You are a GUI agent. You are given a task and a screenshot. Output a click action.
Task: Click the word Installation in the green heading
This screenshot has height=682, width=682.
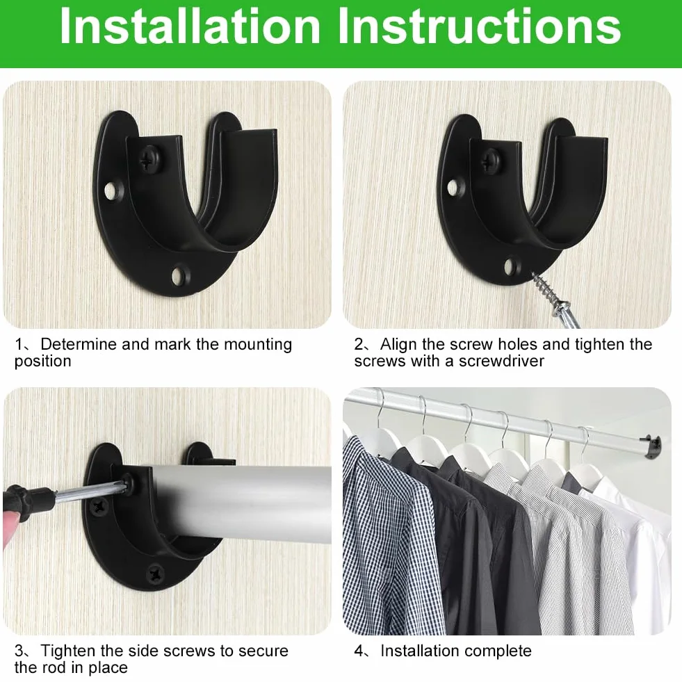coord(190,26)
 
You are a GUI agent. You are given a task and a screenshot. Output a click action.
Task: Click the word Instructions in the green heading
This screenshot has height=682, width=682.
coord(479,26)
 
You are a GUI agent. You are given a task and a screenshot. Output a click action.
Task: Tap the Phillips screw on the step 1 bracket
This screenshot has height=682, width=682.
coord(152,159)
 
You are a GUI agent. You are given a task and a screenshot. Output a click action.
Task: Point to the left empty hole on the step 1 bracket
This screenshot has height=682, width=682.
coord(113,190)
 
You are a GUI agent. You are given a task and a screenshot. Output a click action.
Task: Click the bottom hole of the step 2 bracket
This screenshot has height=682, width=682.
coord(512,266)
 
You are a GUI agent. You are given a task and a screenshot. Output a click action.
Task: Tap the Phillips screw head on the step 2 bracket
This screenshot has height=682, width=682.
coord(492,161)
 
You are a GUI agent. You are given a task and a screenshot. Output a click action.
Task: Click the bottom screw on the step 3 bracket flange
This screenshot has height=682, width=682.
coord(155,574)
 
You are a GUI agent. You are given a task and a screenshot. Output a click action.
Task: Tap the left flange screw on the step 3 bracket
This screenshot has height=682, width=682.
coord(99,506)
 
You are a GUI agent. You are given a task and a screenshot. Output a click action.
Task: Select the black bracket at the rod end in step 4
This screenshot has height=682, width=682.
coord(652,446)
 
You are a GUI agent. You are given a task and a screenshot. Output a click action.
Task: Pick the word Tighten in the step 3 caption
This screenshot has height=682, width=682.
coord(68,651)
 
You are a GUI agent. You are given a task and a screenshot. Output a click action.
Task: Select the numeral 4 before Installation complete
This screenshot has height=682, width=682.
coord(359,651)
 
